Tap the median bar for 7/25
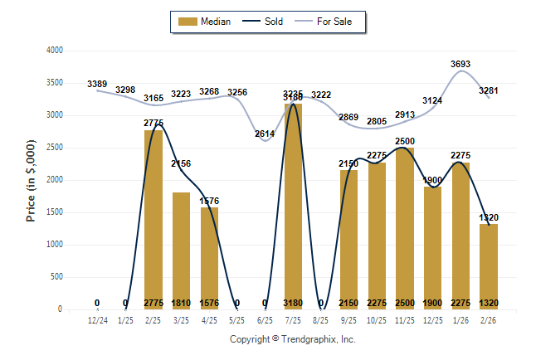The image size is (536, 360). click(293, 207)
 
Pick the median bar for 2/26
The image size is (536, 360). click(489, 266)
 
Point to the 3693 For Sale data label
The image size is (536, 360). click(461, 63)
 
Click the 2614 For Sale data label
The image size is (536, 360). click(265, 134)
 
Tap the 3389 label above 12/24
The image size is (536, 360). click(97, 84)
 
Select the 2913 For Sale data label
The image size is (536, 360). click(406, 115)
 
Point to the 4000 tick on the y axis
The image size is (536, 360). click(54, 51)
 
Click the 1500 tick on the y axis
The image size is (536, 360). click(54, 212)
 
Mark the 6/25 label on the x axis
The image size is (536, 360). click(266, 319)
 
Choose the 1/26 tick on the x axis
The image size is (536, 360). click(460, 319)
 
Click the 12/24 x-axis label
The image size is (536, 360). click(97, 319)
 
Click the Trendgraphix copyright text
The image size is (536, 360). click(292, 339)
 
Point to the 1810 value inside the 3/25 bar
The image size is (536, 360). click(182, 303)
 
